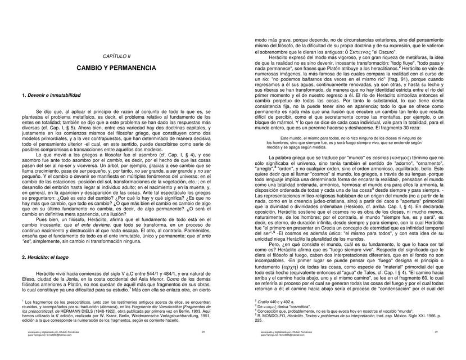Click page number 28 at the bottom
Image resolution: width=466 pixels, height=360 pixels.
pyautogui.click(x=194, y=348)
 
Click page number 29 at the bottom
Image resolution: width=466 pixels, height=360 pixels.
pyautogui.click(x=436, y=348)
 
